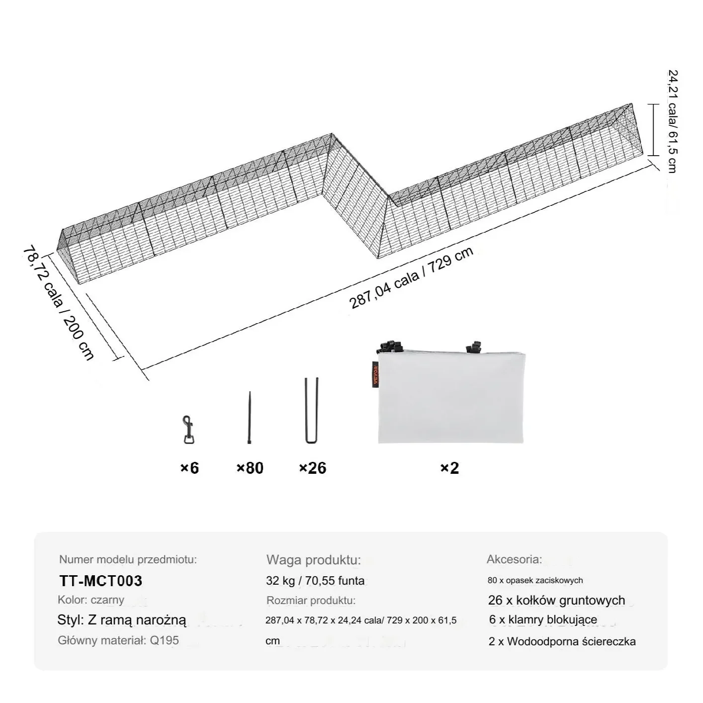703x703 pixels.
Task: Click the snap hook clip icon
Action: tap(188, 430)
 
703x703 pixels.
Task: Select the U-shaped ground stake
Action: tap(311, 411)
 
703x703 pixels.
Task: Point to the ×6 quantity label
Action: tap(189, 468)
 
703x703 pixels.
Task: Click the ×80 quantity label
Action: tap(250, 468)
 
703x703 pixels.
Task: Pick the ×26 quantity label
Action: tap(313, 468)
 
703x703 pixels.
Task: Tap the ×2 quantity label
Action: tap(449, 468)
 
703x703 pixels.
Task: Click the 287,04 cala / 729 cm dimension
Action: tap(411, 278)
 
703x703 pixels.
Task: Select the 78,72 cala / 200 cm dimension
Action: tap(59, 303)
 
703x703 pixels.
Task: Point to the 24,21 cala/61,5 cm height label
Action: tap(672, 121)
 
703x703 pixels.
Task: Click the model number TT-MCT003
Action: tap(101, 581)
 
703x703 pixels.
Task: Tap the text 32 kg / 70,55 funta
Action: tap(315, 581)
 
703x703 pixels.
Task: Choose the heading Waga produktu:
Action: tap(314, 560)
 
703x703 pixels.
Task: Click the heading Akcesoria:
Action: tap(515, 559)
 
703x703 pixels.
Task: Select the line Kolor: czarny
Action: tap(91, 600)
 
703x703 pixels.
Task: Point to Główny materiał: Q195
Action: tap(118, 640)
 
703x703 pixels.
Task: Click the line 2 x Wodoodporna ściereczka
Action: tap(562, 641)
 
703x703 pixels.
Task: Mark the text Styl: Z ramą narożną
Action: tap(122, 620)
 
